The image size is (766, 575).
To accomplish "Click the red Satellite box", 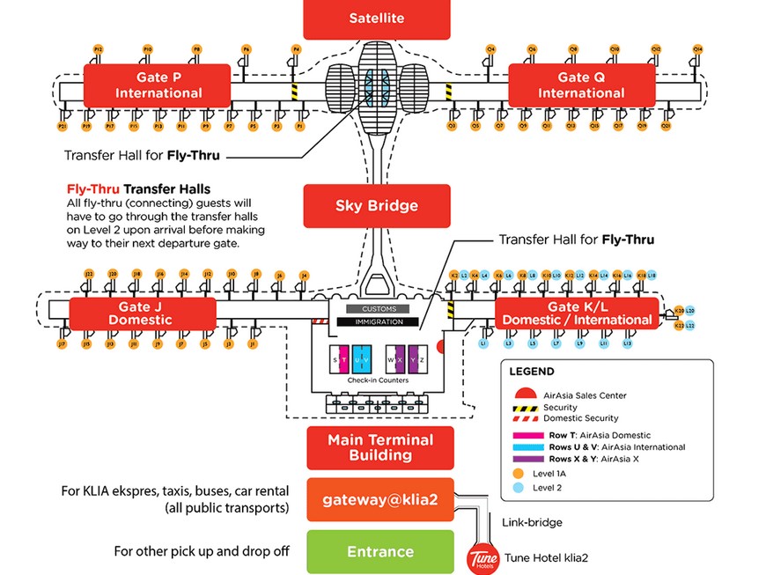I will [377, 18].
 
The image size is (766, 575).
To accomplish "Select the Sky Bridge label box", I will [377, 206].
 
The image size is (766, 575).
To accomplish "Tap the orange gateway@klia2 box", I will [379, 500].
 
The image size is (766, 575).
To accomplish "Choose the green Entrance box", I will [379, 552].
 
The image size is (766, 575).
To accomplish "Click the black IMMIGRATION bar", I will [379, 321].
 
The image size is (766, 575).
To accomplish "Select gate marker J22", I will [88, 275].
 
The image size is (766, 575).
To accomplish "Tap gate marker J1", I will [253, 344].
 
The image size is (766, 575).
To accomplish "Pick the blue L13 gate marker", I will [628, 343].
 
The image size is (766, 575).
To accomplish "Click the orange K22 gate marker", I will [678, 326].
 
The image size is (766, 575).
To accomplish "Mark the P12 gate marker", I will [98, 49].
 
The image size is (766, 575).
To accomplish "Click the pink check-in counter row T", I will [343, 360].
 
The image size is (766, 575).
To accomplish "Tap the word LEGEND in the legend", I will [532, 372].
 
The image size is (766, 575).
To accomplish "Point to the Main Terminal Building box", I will [379, 447].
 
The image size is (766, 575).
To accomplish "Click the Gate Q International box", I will [580, 85].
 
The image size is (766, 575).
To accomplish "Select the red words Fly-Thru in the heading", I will [93, 188].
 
